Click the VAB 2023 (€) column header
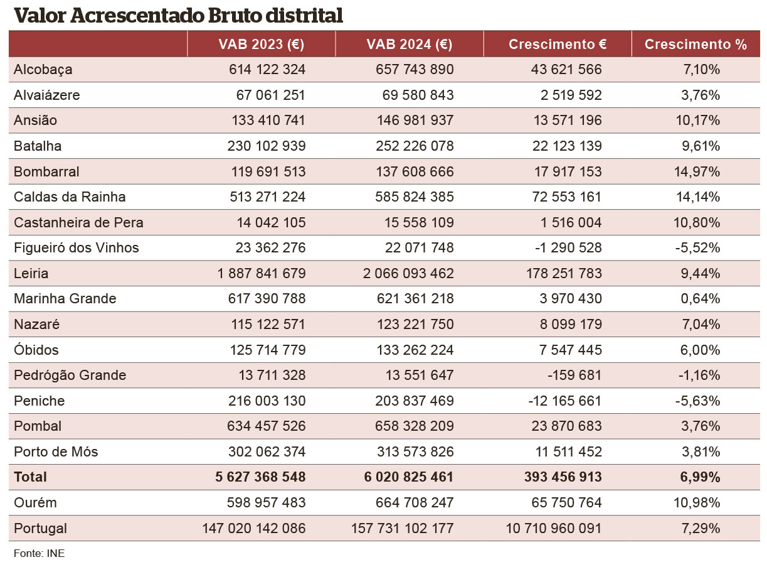coord(261,45)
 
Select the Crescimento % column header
coord(696,45)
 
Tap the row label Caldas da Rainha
coord(70,197)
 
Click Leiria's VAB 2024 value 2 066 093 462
coord(408,273)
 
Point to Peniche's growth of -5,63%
coord(697,401)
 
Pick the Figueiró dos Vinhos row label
coord(76,247)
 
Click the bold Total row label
coord(30,477)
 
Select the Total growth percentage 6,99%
coord(700,477)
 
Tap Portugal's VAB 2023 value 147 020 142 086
coord(254,528)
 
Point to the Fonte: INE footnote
coord(39,553)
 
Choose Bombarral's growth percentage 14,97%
coord(697,171)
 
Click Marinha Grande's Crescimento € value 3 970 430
coord(571,298)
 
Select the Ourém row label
coord(35,502)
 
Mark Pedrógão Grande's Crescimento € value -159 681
coord(574,375)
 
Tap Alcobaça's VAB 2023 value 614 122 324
coord(267,69)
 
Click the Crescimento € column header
coord(558,45)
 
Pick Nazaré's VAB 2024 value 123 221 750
coord(415,324)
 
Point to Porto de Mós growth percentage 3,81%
coord(701,451)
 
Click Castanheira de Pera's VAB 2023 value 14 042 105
coord(271,222)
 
